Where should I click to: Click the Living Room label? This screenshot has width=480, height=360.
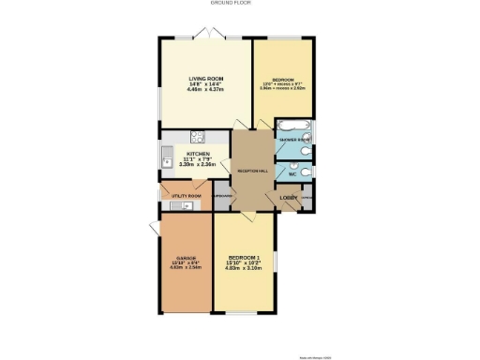204,79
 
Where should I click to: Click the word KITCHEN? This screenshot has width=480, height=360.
198,154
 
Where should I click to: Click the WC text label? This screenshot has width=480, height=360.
291,174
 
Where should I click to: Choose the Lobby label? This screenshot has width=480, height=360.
288,197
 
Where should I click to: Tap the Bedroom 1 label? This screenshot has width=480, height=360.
244,258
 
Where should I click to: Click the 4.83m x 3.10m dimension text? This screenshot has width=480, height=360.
244,269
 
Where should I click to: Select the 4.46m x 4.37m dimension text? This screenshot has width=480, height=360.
204,89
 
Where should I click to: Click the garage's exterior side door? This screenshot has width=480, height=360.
154,227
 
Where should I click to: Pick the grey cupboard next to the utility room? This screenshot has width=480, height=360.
222,197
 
